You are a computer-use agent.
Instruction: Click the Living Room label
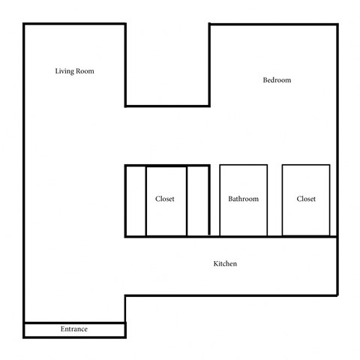click(74, 71)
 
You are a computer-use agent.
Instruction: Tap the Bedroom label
click(277, 80)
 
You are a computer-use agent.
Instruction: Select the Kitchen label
click(226, 264)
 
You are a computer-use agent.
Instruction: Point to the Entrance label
click(74, 329)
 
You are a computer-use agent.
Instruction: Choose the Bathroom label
click(243, 199)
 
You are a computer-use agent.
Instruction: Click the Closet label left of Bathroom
click(165, 199)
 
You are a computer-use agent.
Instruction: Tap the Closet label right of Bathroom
click(306, 199)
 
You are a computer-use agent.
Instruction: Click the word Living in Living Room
click(65, 71)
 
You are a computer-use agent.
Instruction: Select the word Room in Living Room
click(85, 71)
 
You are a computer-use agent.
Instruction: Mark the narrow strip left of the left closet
click(135, 201)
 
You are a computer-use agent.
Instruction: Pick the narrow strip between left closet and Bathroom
click(198, 201)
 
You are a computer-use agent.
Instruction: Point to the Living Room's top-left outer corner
click(25, 25)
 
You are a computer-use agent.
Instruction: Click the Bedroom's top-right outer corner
click(335, 25)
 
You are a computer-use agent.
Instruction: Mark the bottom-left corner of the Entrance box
click(25, 337)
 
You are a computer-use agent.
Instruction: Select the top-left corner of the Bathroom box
click(220, 165)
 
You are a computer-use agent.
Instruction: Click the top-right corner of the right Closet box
click(330, 165)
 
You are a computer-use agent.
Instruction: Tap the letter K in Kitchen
click(216, 264)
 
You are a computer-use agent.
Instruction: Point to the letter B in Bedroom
click(265, 80)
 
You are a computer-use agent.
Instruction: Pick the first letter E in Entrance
click(62, 329)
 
